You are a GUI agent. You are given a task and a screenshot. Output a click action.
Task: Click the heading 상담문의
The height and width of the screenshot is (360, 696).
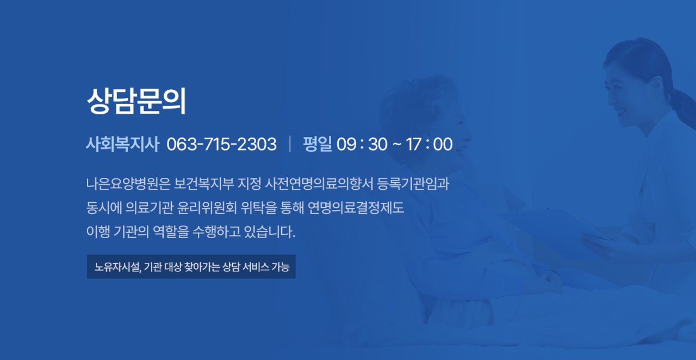point(136,101)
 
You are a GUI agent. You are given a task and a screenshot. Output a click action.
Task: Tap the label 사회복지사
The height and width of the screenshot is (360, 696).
point(122,144)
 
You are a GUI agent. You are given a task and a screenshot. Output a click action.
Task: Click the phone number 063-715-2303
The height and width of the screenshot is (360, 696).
point(221,144)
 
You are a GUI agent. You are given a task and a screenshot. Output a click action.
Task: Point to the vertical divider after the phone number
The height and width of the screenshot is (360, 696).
point(290,144)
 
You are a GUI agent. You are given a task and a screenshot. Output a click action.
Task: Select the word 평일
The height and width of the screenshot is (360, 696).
point(317,144)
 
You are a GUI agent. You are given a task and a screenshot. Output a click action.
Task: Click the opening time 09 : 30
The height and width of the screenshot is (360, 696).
point(362,144)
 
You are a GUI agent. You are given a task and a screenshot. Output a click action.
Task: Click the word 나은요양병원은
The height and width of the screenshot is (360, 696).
point(128,184)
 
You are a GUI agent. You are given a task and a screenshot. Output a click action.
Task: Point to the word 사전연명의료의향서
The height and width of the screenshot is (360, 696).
point(319,184)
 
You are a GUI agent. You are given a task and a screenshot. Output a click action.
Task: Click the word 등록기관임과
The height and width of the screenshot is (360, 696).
point(413,184)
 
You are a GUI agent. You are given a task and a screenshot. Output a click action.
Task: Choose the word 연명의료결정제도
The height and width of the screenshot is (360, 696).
point(356,208)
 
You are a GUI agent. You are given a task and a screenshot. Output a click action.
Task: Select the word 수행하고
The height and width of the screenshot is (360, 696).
point(216,232)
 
